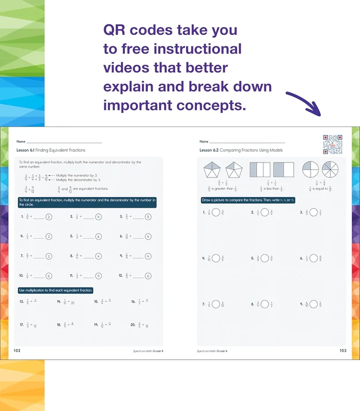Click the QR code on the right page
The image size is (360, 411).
coord(332,145)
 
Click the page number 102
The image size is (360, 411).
coord(17,351)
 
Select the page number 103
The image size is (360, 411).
coord(343,351)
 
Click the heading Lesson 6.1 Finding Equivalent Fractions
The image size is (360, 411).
coord(51,150)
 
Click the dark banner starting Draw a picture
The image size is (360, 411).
coord(248,200)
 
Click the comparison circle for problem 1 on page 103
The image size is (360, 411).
coord(216,212)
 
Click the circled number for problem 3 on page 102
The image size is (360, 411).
coord(148,217)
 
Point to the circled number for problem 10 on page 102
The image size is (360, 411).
coord(49,276)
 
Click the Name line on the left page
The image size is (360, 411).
coord(64,141)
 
